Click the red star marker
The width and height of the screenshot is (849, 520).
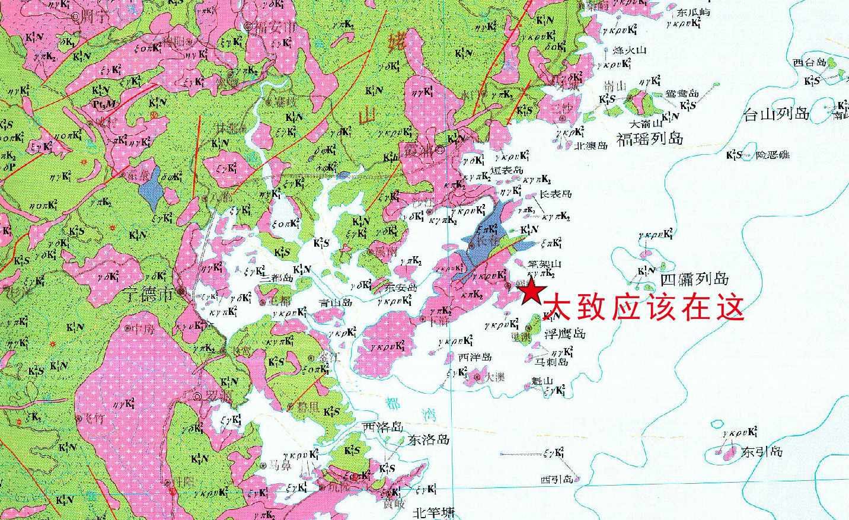pyautogui.click(x=532, y=292)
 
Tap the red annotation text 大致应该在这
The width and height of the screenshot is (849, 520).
pyautogui.click(x=643, y=307)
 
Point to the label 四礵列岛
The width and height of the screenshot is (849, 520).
pyautogui.click(x=694, y=279)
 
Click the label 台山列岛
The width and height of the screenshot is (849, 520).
pyautogui.click(x=777, y=114)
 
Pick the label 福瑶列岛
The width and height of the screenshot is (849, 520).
pyautogui.click(x=650, y=139)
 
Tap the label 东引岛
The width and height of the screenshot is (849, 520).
pyautogui.click(x=762, y=452)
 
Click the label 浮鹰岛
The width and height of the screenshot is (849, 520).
pyautogui.click(x=565, y=333)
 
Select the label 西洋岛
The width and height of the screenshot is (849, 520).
pyautogui.click(x=475, y=357)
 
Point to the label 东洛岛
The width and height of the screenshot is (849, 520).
pyautogui.click(x=428, y=440)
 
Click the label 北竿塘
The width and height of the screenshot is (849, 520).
pyautogui.click(x=433, y=513)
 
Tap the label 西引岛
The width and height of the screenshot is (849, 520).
pyautogui.click(x=557, y=479)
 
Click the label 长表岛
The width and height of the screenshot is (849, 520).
pyautogui.click(x=555, y=194)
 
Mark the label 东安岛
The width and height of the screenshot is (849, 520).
pyautogui.click(x=401, y=288)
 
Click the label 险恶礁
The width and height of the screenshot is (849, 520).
pyautogui.click(x=773, y=155)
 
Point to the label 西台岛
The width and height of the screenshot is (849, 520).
pyautogui.click(x=809, y=62)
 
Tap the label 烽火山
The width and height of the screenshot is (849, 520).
pyautogui.click(x=629, y=50)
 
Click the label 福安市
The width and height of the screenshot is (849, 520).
pyautogui.click(x=275, y=27)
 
